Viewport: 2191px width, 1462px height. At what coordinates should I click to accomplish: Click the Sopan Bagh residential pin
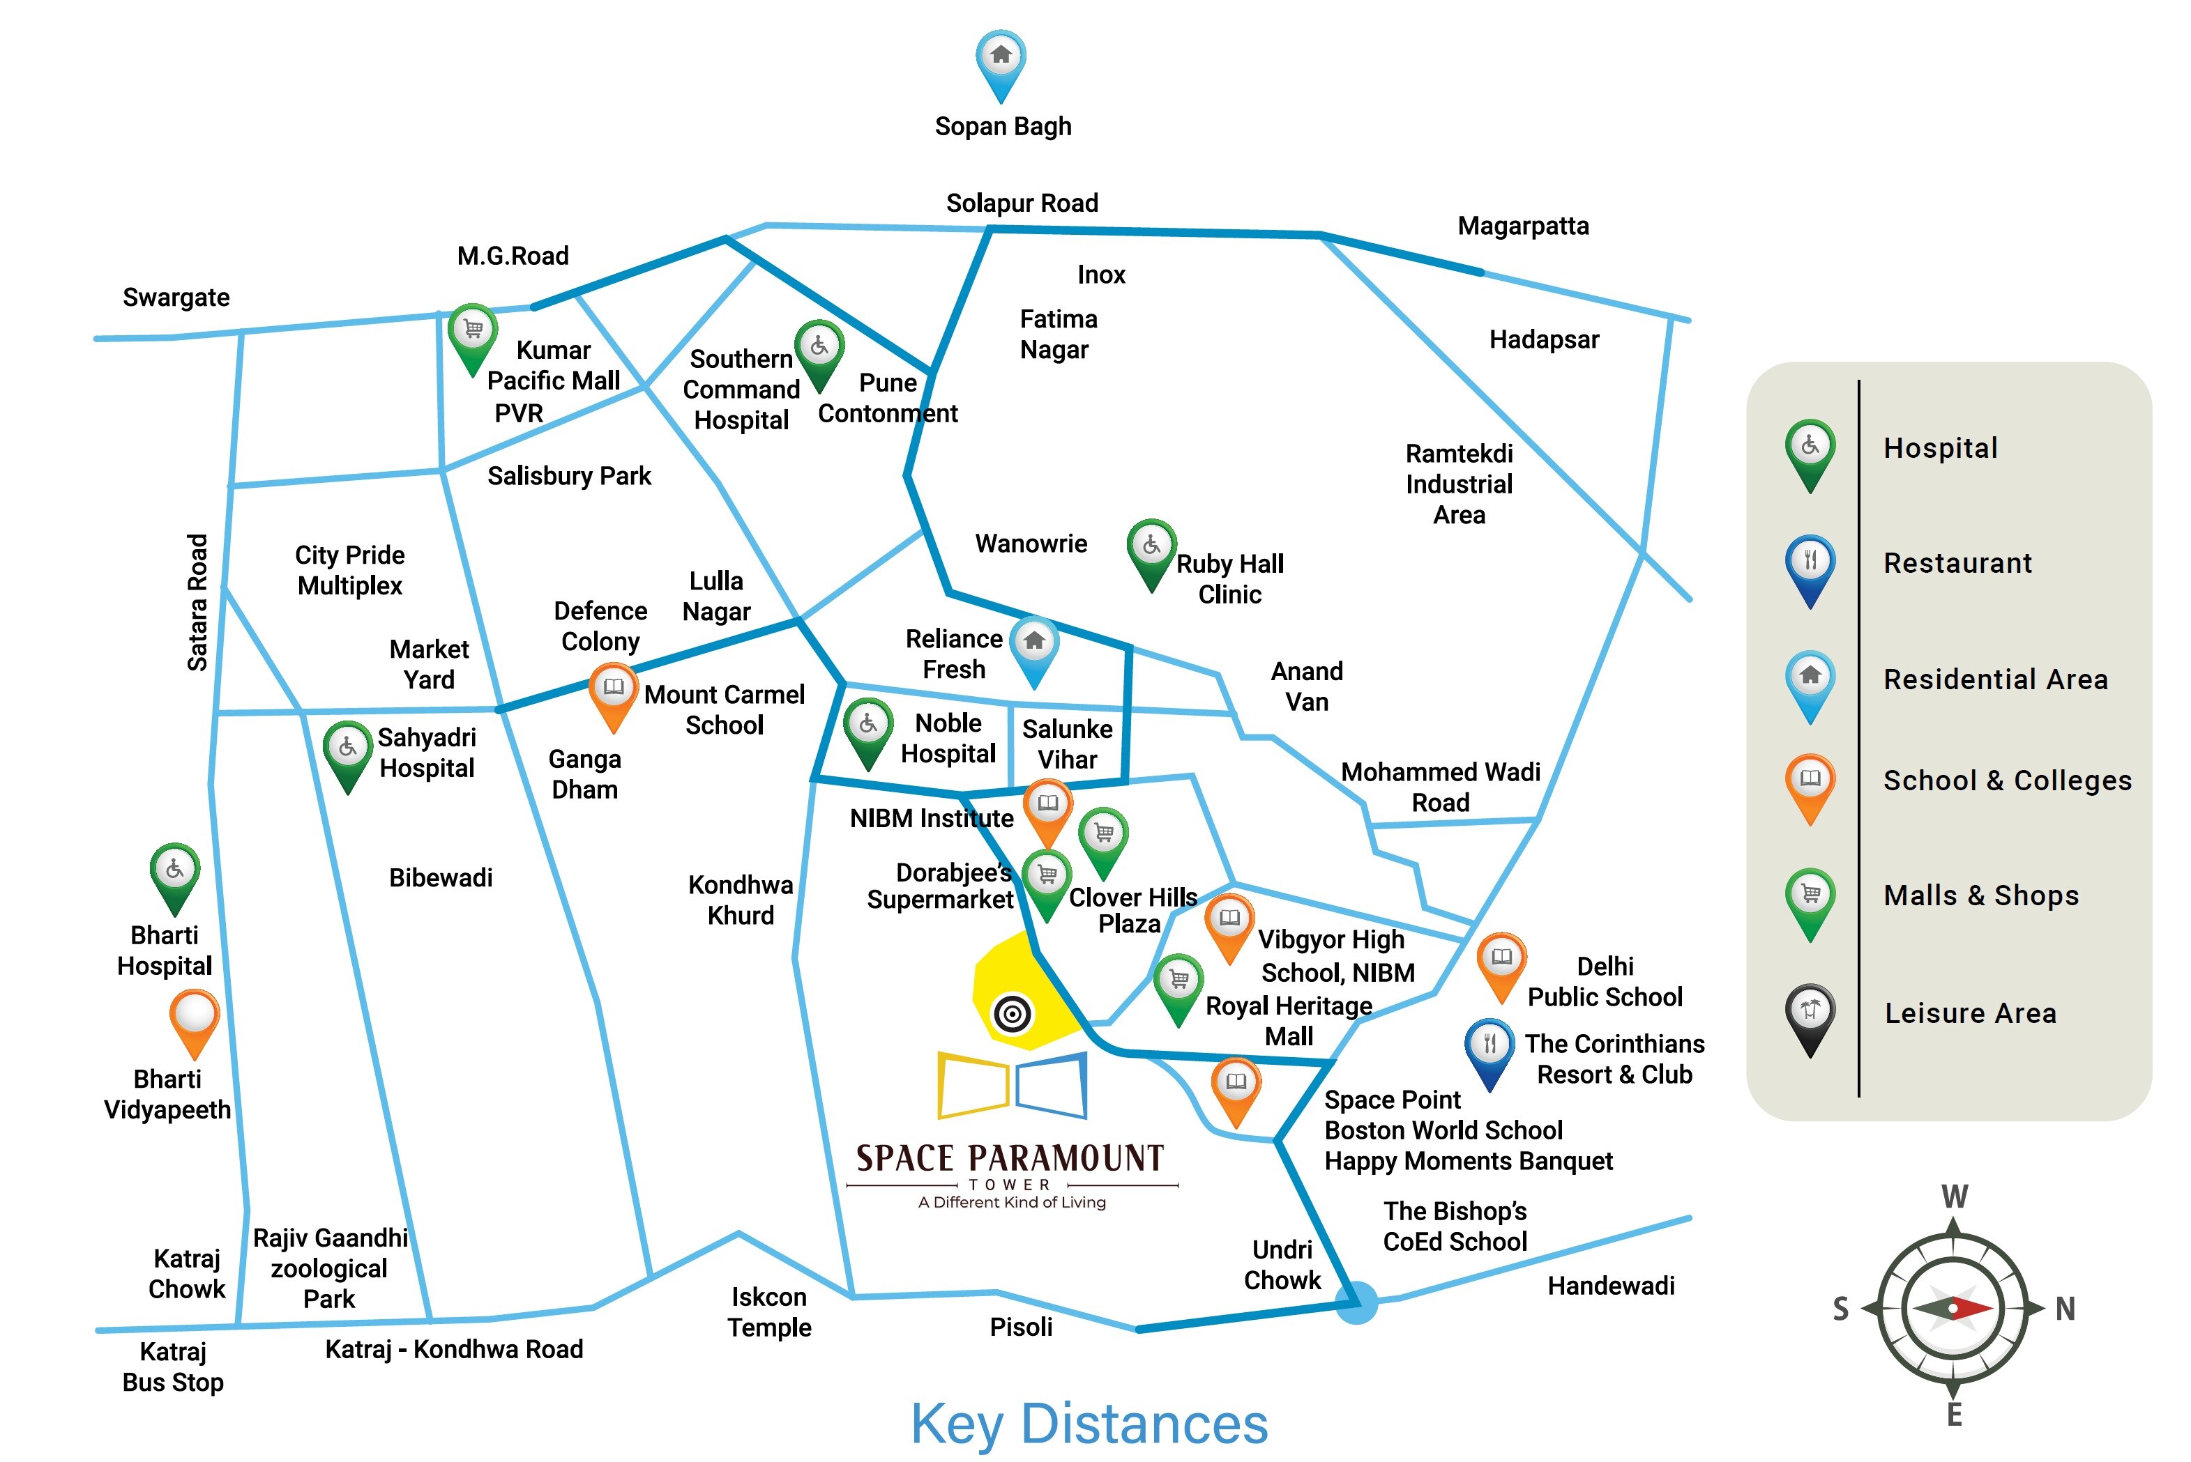click(x=1000, y=61)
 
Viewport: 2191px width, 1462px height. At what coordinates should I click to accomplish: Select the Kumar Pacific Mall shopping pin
click(x=472, y=336)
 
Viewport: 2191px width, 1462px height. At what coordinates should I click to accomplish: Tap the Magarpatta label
click(x=1522, y=226)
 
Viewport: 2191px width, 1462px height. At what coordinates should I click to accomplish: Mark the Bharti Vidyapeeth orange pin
click(x=194, y=1019)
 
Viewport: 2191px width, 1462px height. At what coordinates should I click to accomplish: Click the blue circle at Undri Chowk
click(x=1356, y=1302)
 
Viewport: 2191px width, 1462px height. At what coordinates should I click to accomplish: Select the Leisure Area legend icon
click(x=1810, y=1015)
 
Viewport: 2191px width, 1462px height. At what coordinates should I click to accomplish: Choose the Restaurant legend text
click(x=1957, y=563)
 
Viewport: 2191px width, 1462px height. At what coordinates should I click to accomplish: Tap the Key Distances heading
click(x=1089, y=1424)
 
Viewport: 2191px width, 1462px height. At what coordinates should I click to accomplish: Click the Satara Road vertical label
click(x=197, y=602)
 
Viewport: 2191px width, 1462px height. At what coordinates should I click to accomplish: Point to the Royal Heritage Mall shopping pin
click(x=1178, y=985)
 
